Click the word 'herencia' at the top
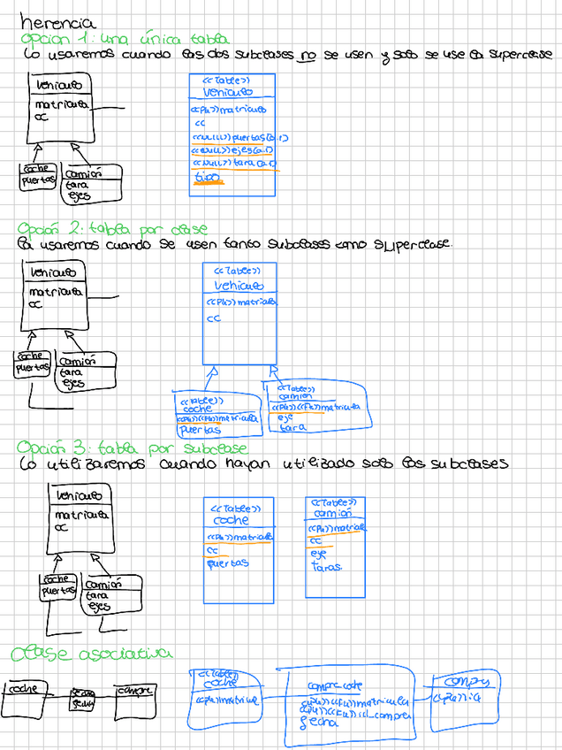(57, 22)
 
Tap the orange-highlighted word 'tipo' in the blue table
(207, 178)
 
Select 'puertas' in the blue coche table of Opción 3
(228, 562)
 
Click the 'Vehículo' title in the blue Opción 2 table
(238, 286)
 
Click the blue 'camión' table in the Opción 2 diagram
(315, 406)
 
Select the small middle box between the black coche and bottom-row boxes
(83, 698)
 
